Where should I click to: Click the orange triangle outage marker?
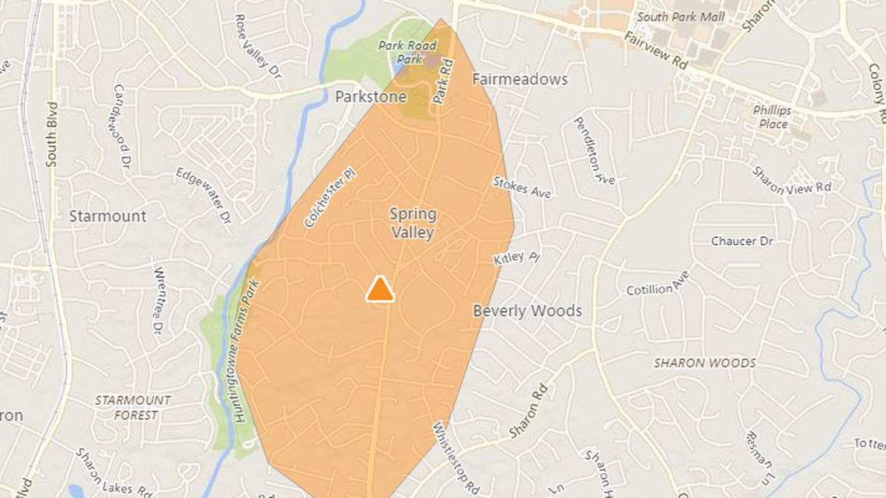click(x=380, y=289)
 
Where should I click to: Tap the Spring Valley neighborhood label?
click(x=413, y=223)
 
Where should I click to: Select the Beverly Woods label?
click(x=528, y=311)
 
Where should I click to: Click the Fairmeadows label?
click(x=520, y=79)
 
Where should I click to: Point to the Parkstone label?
click(x=371, y=97)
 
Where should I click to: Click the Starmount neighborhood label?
click(x=107, y=216)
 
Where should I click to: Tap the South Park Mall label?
click(x=681, y=16)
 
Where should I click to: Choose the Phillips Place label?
click(x=771, y=117)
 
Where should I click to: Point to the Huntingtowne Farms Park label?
click(x=247, y=350)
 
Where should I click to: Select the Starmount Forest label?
click(x=132, y=407)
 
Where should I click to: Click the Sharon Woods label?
click(x=704, y=363)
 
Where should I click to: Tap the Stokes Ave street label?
click(x=521, y=186)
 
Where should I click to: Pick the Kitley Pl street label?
click(x=516, y=258)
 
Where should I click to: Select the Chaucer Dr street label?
click(x=742, y=242)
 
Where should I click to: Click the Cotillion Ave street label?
click(x=658, y=284)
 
